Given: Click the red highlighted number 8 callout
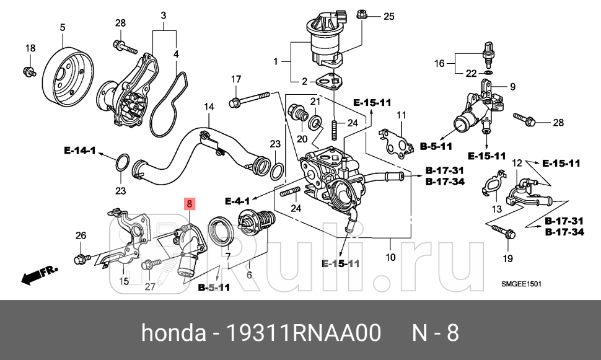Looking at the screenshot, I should tap(190, 203).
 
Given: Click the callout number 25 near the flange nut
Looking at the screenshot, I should tap(388, 16).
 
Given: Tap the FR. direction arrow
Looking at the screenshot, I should tap(38, 275).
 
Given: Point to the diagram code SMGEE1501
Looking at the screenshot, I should tap(522, 284).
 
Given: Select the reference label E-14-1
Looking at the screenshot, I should tap(80, 150).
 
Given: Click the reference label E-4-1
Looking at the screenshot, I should tap(237, 201).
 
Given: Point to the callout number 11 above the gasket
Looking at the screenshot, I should tap(401, 115).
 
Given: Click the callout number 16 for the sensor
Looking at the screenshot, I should tap(439, 63).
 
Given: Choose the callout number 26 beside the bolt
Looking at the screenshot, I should tap(81, 235).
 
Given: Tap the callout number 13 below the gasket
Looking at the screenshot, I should tap(497, 209).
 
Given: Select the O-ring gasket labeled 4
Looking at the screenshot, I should tap(167, 102).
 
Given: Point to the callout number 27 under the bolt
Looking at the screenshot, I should tap(150, 287).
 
